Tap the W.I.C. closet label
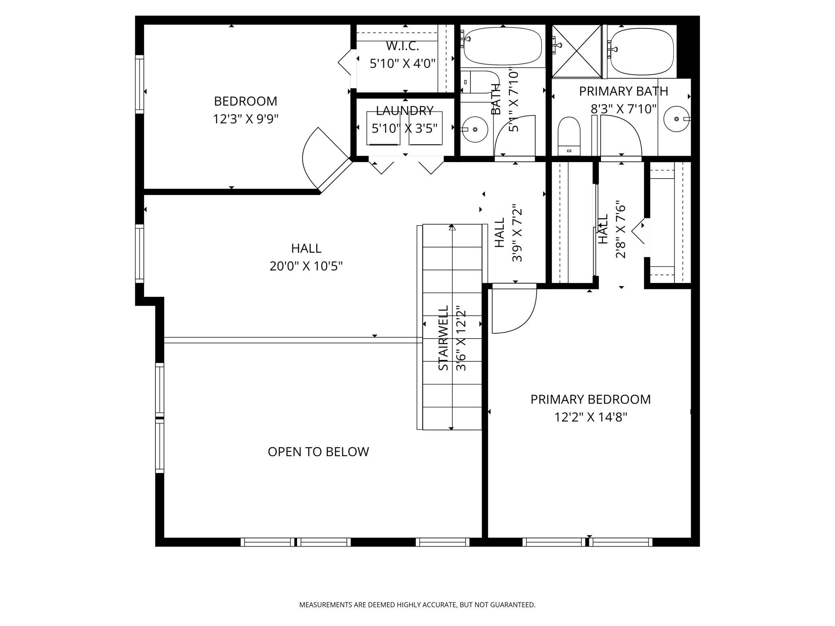coord(403,46)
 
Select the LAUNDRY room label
coord(405,110)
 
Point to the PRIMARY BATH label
coord(623,91)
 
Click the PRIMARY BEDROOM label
coord(591,399)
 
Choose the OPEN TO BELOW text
coord(318,451)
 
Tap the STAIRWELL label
coord(443,338)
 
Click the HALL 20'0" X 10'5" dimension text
coord(306,266)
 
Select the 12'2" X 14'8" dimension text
coord(591,417)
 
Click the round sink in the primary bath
coord(677,119)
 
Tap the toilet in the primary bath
coord(569,136)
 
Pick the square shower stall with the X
coord(577,51)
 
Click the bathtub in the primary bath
coord(641,51)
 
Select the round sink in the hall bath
coord(475,130)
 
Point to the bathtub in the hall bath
coord(503,46)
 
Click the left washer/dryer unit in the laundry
coord(383,128)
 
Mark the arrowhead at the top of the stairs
coord(452,228)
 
